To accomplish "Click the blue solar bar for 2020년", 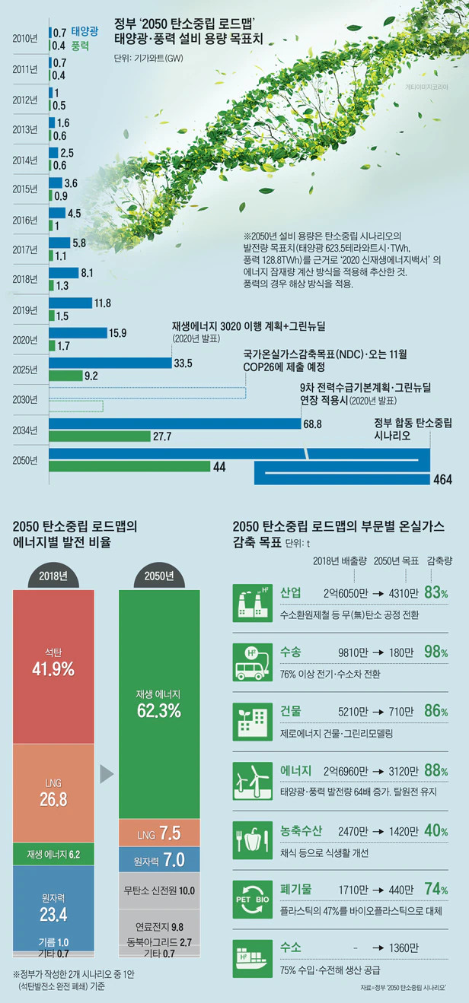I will pos(77,332).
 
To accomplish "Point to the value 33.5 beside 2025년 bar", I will pos(183,363).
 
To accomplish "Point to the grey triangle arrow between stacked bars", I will pos(107,775).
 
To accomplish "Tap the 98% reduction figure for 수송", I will pos(436,651).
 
